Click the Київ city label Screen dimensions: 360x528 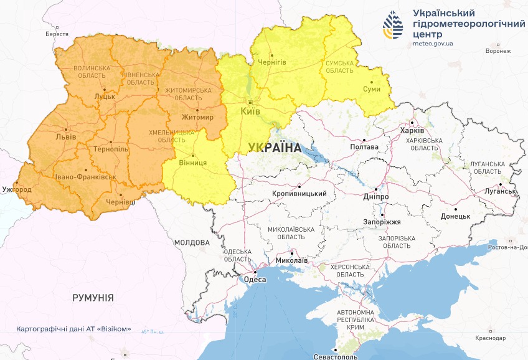(x=250, y=112)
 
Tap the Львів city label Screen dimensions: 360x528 (x=65, y=136)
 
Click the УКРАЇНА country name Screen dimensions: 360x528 (x=273, y=148)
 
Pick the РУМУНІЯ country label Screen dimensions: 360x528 (x=93, y=298)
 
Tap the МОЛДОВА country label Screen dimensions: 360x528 (x=191, y=242)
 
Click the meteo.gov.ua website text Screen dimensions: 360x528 (x=432, y=44)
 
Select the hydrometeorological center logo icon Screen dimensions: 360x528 (x=394, y=26)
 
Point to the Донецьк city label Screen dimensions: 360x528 (x=455, y=217)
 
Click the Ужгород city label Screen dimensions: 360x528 (x=16, y=188)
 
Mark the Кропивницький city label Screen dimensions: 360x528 (x=299, y=194)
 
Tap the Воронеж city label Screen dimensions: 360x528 (x=497, y=51)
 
